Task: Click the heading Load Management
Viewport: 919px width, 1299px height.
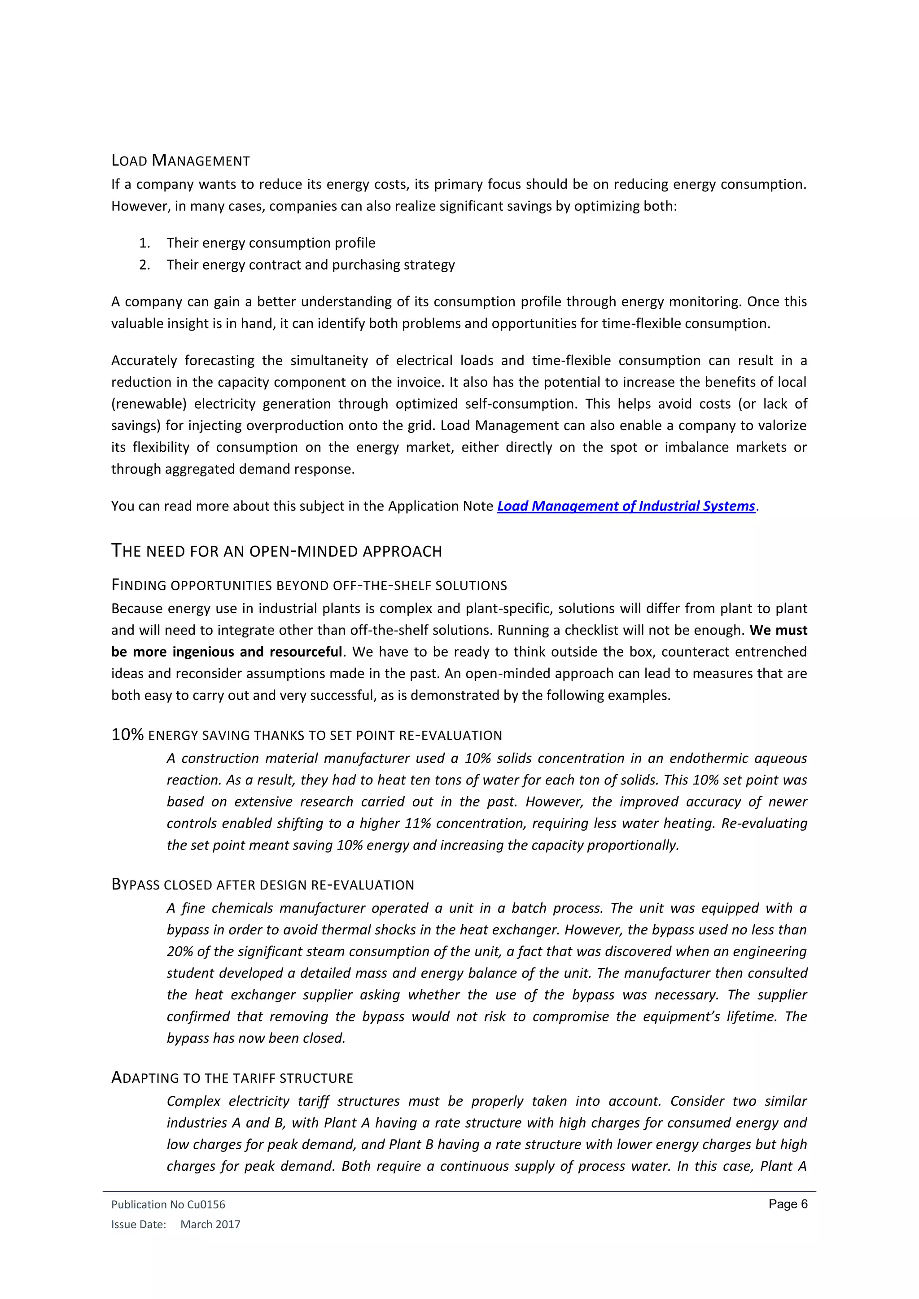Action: tap(180, 161)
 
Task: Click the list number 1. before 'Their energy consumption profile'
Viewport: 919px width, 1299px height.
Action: tap(145, 243)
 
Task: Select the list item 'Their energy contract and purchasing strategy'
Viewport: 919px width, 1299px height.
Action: tap(310, 265)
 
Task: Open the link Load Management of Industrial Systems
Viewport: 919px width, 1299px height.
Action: tap(626, 506)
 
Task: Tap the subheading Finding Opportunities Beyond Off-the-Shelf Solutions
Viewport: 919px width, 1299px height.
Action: tap(309, 585)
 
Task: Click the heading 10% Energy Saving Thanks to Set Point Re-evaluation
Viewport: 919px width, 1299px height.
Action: tap(307, 735)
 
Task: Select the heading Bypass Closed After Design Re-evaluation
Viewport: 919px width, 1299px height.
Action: tap(263, 885)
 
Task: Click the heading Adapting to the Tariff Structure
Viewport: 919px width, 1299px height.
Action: tap(232, 1078)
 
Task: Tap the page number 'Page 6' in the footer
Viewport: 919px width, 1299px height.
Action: tap(788, 1204)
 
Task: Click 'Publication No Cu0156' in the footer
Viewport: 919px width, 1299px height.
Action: tap(168, 1204)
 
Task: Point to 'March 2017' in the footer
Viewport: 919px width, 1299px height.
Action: tap(210, 1225)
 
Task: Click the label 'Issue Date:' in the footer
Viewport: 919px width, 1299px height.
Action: tap(139, 1225)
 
